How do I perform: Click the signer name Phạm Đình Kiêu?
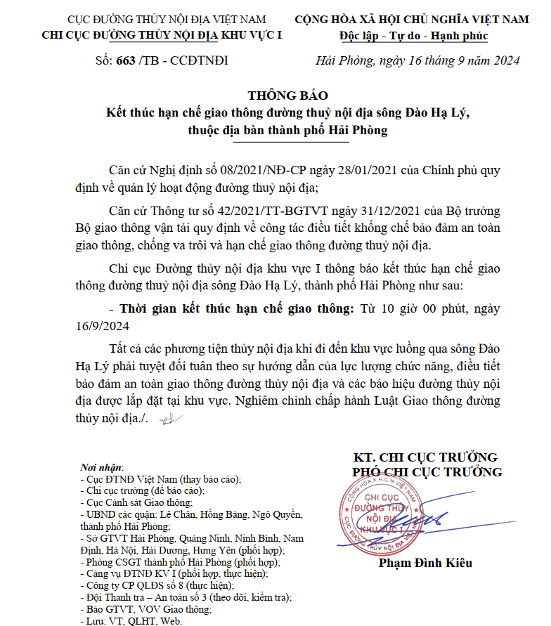[425, 563]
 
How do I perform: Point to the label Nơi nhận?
[102, 468]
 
